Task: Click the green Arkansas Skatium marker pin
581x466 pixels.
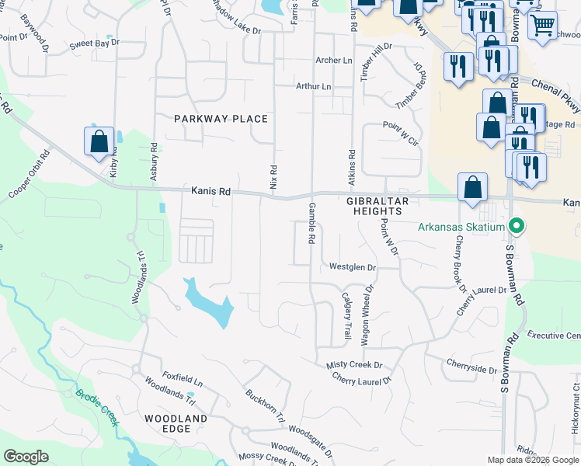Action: (x=515, y=227)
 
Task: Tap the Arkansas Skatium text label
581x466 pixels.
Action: (x=461, y=228)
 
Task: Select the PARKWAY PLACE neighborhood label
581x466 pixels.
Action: (x=221, y=119)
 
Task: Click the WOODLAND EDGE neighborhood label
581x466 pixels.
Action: (x=176, y=424)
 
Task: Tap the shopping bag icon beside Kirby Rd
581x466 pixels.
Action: (x=99, y=142)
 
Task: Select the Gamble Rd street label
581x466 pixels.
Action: (x=311, y=224)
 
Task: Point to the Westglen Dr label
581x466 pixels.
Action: (x=352, y=267)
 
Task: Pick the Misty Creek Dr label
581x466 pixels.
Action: (x=355, y=365)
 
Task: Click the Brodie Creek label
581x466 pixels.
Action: (x=97, y=405)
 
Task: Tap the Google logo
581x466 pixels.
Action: (x=26, y=457)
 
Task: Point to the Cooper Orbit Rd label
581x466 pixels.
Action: (x=30, y=173)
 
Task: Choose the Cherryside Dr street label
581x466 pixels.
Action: (x=471, y=366)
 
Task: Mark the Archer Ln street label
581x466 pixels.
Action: (x=333, y=60)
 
